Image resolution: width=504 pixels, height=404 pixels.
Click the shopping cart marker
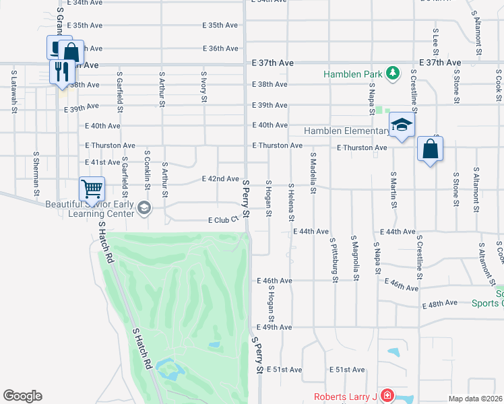click(92, 189)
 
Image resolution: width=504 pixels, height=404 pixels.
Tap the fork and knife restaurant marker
click(62, 71)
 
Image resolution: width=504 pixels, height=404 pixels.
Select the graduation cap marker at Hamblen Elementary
click(402, 126)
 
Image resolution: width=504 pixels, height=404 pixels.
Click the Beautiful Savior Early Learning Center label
click(90, 209)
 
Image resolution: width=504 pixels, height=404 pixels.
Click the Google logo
click(22, 396)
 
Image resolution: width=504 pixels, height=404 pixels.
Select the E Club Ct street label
click(224, 220)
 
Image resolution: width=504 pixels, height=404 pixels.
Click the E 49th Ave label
click(274, 327)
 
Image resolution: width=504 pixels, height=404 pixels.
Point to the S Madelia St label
click(313, 174)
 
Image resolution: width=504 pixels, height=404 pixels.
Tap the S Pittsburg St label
click(334, 259)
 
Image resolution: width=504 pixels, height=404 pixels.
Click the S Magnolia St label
click(354, 258)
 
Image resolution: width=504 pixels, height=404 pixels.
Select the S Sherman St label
click(36, 175)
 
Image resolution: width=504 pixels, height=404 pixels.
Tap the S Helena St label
click(292, 202)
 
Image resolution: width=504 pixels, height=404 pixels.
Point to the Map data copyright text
click(475, 399)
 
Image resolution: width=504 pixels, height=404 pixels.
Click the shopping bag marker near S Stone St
click(430, 149)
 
